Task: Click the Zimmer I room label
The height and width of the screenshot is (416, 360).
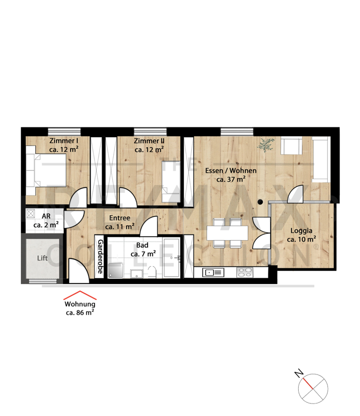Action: point(63,145)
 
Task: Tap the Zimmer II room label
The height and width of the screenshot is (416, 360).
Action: point(149,145)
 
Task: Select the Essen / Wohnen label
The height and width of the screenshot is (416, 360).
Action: point(231,175)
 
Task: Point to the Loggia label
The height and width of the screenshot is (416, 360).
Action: point(301,235)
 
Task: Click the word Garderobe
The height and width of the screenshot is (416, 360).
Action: point(100,256)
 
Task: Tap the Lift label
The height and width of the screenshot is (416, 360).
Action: point(42,258)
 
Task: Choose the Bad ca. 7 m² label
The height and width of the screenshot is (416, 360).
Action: point(143,250)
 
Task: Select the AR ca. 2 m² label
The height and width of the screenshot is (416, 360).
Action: point(46,220)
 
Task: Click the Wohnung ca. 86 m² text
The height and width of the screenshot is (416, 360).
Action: point(80,308)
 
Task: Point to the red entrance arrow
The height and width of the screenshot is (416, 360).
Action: point(80,295)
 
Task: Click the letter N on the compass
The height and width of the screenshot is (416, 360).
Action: point(299,373)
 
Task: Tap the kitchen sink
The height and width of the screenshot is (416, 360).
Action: point(213,272)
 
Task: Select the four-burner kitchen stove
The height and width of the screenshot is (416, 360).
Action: point(245,272)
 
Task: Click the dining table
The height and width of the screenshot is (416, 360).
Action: point(227,233)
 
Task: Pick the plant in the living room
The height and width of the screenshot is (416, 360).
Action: point(265,145)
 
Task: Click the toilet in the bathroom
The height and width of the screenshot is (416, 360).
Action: point(152,272)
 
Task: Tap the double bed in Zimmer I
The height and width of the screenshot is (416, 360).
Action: point(46,171)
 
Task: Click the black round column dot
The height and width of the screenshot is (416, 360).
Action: point(260,202)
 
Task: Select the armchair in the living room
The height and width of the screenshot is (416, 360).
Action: point(291,146)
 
